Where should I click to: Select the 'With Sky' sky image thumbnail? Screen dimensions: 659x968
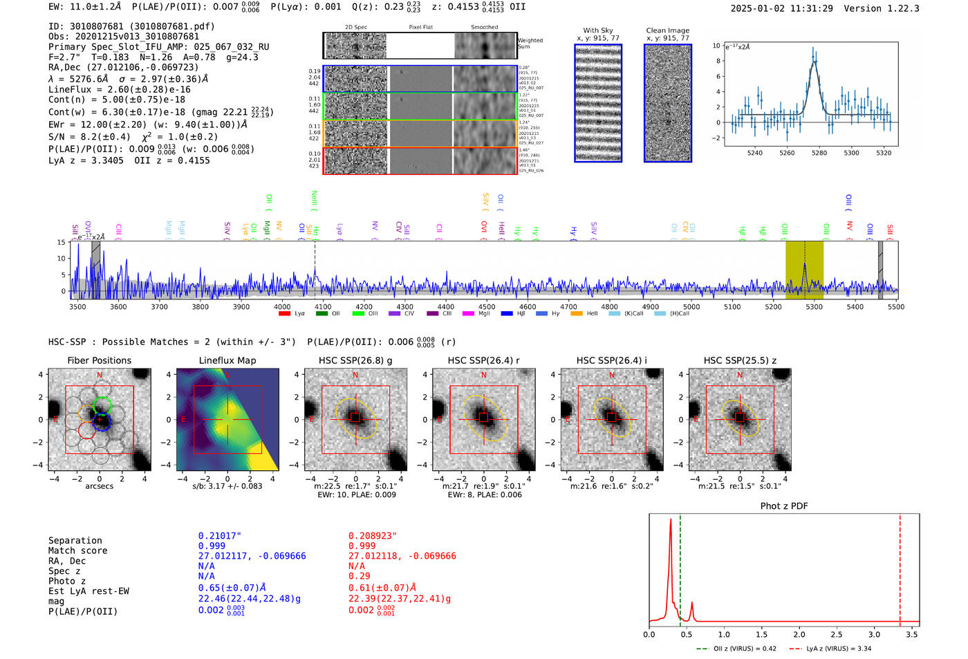click(x=598, y=103)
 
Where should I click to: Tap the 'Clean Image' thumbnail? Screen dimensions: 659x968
click(x=668, y=103)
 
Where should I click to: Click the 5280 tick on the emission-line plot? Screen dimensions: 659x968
click(x=819, y=153)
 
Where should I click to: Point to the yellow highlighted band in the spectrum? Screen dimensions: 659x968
click(x=804, y=270)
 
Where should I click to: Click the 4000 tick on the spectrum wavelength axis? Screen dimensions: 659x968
click(x=282, y=306)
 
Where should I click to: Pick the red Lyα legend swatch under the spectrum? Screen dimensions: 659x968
click(x=284, y=314)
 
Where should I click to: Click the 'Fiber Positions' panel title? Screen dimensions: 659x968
click(x=100, y=360)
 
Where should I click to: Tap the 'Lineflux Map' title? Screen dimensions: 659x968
click(x=227, y=360)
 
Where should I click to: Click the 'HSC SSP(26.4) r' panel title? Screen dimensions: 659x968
click(x=484, y=360)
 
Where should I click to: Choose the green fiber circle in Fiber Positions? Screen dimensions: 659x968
click(x=102, y=405)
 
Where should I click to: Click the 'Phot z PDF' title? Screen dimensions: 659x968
click(x=784, y=506)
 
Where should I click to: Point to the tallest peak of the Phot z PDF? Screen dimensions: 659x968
click(x=671, y=520)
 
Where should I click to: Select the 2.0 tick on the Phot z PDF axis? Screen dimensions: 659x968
click(x=799, y=634)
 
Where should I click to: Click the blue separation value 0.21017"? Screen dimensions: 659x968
click(x=219, y=536)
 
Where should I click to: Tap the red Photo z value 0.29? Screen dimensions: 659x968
click(x=359, y=576)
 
